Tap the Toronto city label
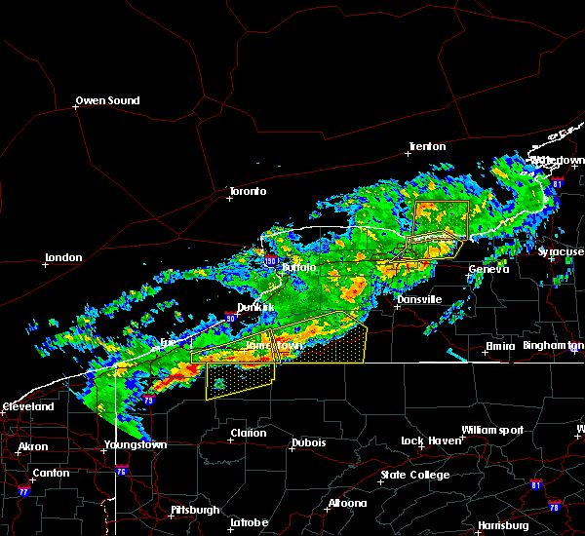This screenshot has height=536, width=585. (247, 191)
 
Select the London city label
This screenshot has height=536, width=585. (62, 258)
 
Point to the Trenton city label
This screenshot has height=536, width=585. (427, 147)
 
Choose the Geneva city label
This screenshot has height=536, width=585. (488, 270)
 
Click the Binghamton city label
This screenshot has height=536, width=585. (553, 346)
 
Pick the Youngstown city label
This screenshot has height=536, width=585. (136, 445)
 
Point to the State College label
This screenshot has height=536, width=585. (415, 475)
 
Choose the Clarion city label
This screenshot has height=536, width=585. (249, 434)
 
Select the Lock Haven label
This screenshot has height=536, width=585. (430, 441)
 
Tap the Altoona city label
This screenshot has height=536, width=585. (347, 504)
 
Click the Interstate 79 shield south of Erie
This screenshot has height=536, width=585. (148, 400)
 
